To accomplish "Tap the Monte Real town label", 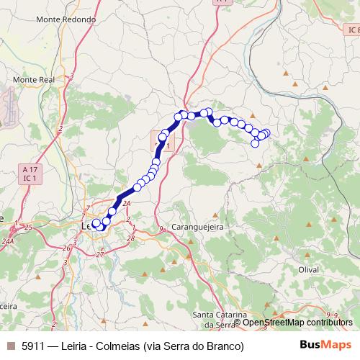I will (34, 79).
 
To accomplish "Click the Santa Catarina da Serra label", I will (221, 320).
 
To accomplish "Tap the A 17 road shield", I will (29, 168).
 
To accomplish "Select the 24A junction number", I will (9, 241).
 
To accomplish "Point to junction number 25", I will (28, 228).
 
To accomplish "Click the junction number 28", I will (130, 238).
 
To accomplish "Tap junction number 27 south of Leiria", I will (100, 254).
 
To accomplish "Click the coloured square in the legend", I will (10, 346).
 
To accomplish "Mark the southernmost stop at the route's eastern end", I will (255, 143).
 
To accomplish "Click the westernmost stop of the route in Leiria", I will (95, 223).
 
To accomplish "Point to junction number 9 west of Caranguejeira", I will (163, 229).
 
